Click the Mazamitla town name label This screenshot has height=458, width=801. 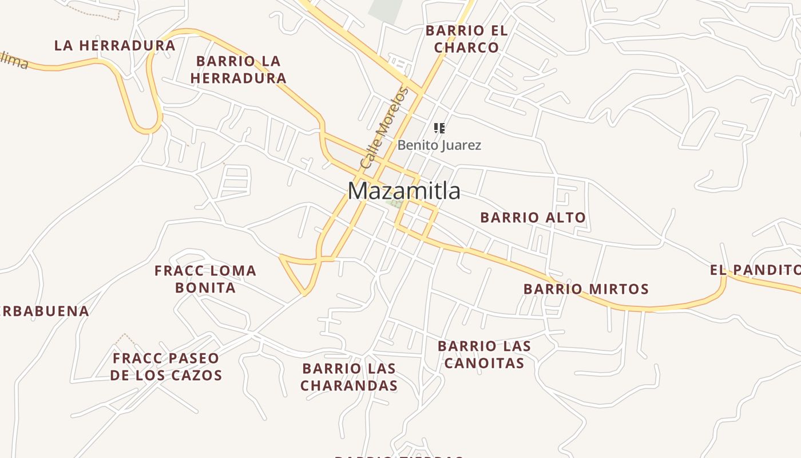[x=404, y=191]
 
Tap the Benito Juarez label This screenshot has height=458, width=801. [x=439, y=145]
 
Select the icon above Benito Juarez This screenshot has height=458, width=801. [x=439, y=128]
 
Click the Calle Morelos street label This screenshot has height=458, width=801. [x=384, y=127]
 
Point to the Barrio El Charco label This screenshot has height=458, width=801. [x=466, y=39]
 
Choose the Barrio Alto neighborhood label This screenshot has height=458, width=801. [x=533, y=218]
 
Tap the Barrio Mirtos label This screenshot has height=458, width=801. [x=586, y=289]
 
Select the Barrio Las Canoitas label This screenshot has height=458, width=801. [x=484, y=354]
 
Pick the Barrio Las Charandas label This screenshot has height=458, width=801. [x=349, y=377]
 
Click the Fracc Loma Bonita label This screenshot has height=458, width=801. [x=205, y=279]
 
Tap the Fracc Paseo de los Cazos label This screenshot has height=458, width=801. [x=166, y=367]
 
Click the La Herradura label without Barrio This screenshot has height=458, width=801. [x=114, y=46]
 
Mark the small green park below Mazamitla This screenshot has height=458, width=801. [x=394, y=203]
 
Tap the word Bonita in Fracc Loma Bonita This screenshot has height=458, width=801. [x=205, y=287]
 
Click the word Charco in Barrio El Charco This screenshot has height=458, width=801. [x=466, y=48]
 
